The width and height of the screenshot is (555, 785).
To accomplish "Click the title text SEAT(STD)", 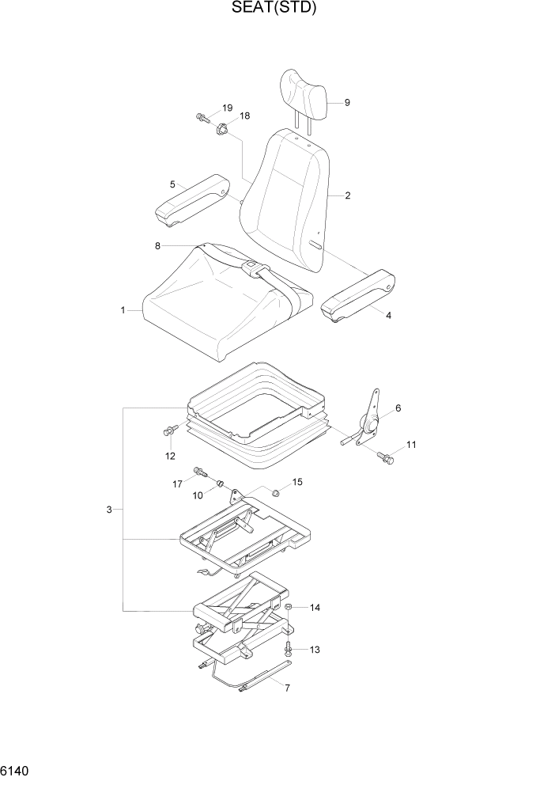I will pos(277,9).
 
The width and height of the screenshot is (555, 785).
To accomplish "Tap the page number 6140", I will pos(17,769).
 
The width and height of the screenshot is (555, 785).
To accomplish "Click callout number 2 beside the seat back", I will pos(347,196).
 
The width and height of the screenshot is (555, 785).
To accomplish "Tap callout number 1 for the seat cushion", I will pos(123,311).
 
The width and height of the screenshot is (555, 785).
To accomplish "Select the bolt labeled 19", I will pos(202,118).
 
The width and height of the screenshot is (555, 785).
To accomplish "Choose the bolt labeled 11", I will pos(385,457).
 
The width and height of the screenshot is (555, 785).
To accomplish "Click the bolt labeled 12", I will pos(168,430).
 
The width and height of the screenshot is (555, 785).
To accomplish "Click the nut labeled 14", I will pos(289,608).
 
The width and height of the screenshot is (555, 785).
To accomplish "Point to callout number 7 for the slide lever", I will pos(287,688).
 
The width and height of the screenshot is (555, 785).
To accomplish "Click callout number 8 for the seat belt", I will pos(157,246).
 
